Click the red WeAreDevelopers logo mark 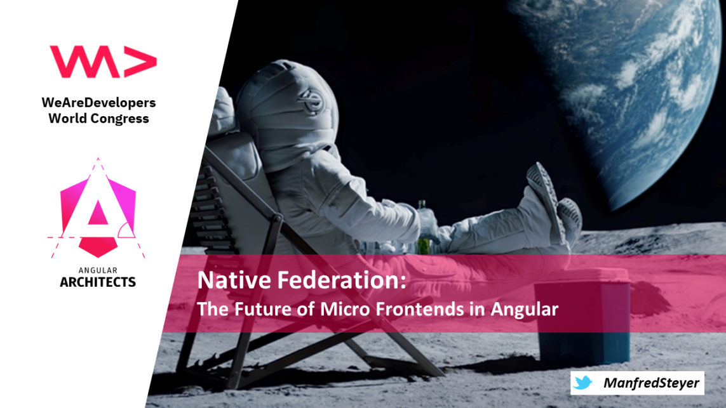click(104, 62)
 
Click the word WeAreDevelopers click(98, 102)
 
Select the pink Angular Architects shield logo click(98, 208)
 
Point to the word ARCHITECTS click(98, 282)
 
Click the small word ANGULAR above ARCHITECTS click(98, 270)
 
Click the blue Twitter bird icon click(582, 383)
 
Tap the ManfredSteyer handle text click(651, 383)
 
